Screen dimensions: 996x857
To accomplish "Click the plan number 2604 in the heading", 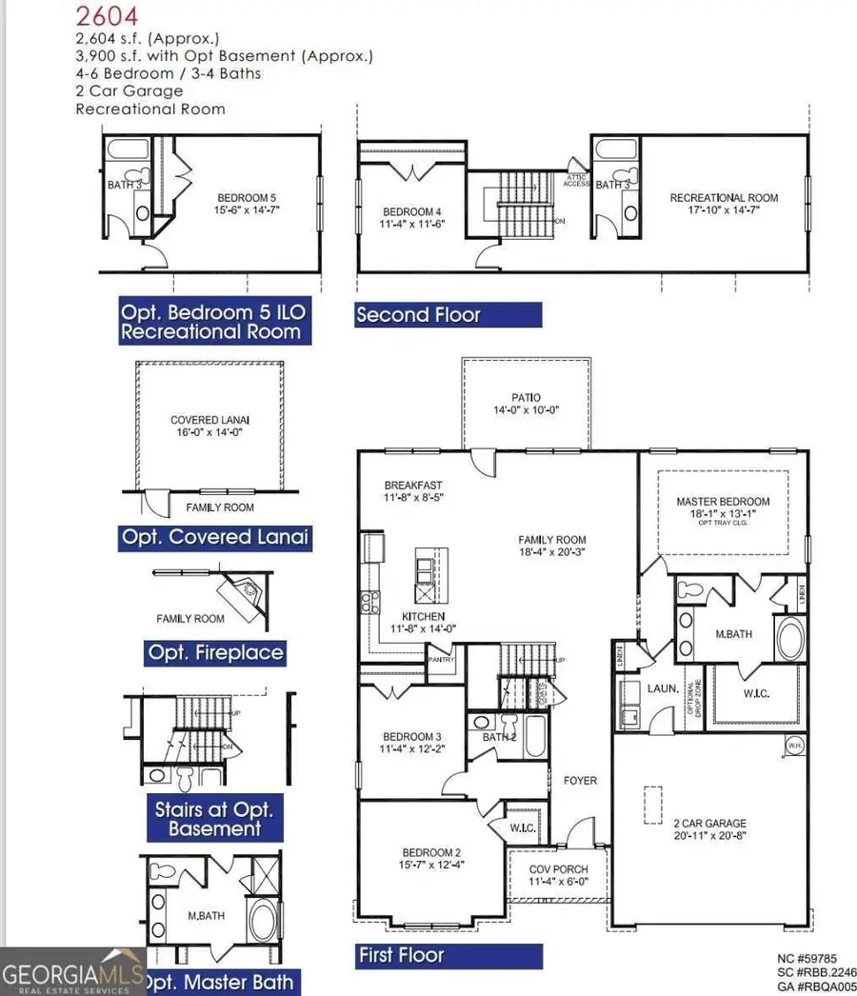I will click(107, 15).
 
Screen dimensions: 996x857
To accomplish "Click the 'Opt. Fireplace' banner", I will click(215, 653).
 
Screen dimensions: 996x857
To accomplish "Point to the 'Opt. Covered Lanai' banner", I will click(215, 537).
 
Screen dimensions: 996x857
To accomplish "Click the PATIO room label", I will click(525, 398).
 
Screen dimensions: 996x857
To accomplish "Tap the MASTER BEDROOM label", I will click(723, 502).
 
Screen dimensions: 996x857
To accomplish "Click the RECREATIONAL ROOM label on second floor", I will click(724, 198).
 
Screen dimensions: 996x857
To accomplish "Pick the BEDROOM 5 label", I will click(248, 198).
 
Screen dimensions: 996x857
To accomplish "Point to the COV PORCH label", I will click(558, 869).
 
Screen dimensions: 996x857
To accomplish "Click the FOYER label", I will click(580, 781).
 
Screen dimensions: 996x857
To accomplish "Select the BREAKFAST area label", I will click(412, 485).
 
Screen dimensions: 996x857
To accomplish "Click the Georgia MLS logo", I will click(72, 971).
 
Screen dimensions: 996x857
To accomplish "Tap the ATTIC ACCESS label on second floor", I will click(576, 179).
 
